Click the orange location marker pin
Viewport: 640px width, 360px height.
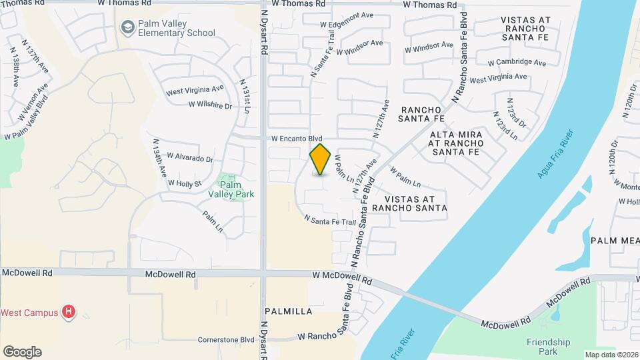tap(321, 159)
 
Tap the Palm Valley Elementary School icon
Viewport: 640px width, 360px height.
tap(127, 27)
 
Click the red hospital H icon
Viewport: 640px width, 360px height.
tap(67, 311)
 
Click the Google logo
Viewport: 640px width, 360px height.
tap(22, 351)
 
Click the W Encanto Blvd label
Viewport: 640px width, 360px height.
tap(297, 139)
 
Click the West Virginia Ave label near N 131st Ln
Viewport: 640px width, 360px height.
tap(194, 89)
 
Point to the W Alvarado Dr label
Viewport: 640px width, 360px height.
tap(190, 159)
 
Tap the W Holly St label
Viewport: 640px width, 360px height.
tap(185, 183)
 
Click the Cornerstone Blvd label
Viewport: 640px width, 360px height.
tap(227, 339)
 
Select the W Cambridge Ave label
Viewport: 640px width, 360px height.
tap(517, 63)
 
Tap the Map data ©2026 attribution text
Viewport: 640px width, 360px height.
tap(611, 355)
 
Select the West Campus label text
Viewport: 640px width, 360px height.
tap(29, 312)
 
